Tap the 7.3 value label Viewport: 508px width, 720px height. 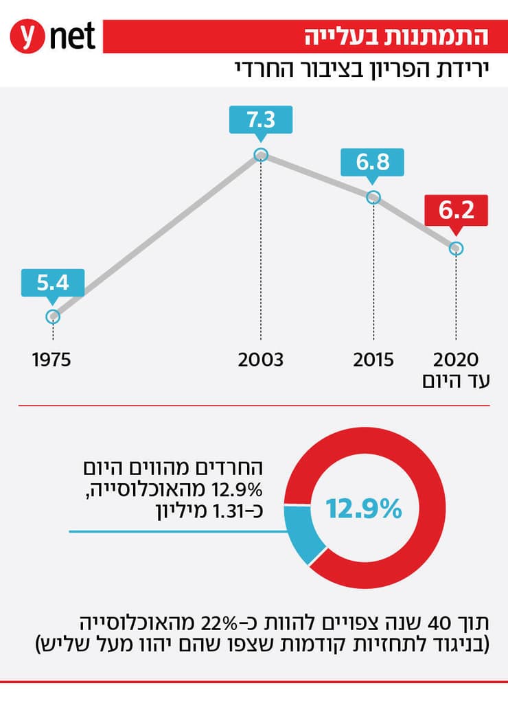(260, 120)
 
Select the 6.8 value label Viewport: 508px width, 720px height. (373, 162)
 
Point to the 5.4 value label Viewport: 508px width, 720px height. (53, 281)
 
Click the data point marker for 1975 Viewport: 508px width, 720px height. (53, 316)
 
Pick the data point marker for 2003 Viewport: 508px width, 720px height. (260, 154)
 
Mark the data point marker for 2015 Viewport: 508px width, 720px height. (373, 197)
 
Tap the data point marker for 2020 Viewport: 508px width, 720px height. (457, 248)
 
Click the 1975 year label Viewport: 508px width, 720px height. (52, 360)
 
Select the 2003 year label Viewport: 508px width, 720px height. (260, 360)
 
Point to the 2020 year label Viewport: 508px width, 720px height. (457, 360)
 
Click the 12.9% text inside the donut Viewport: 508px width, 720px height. (363, 509)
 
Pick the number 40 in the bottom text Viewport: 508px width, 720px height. (438, 624)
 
